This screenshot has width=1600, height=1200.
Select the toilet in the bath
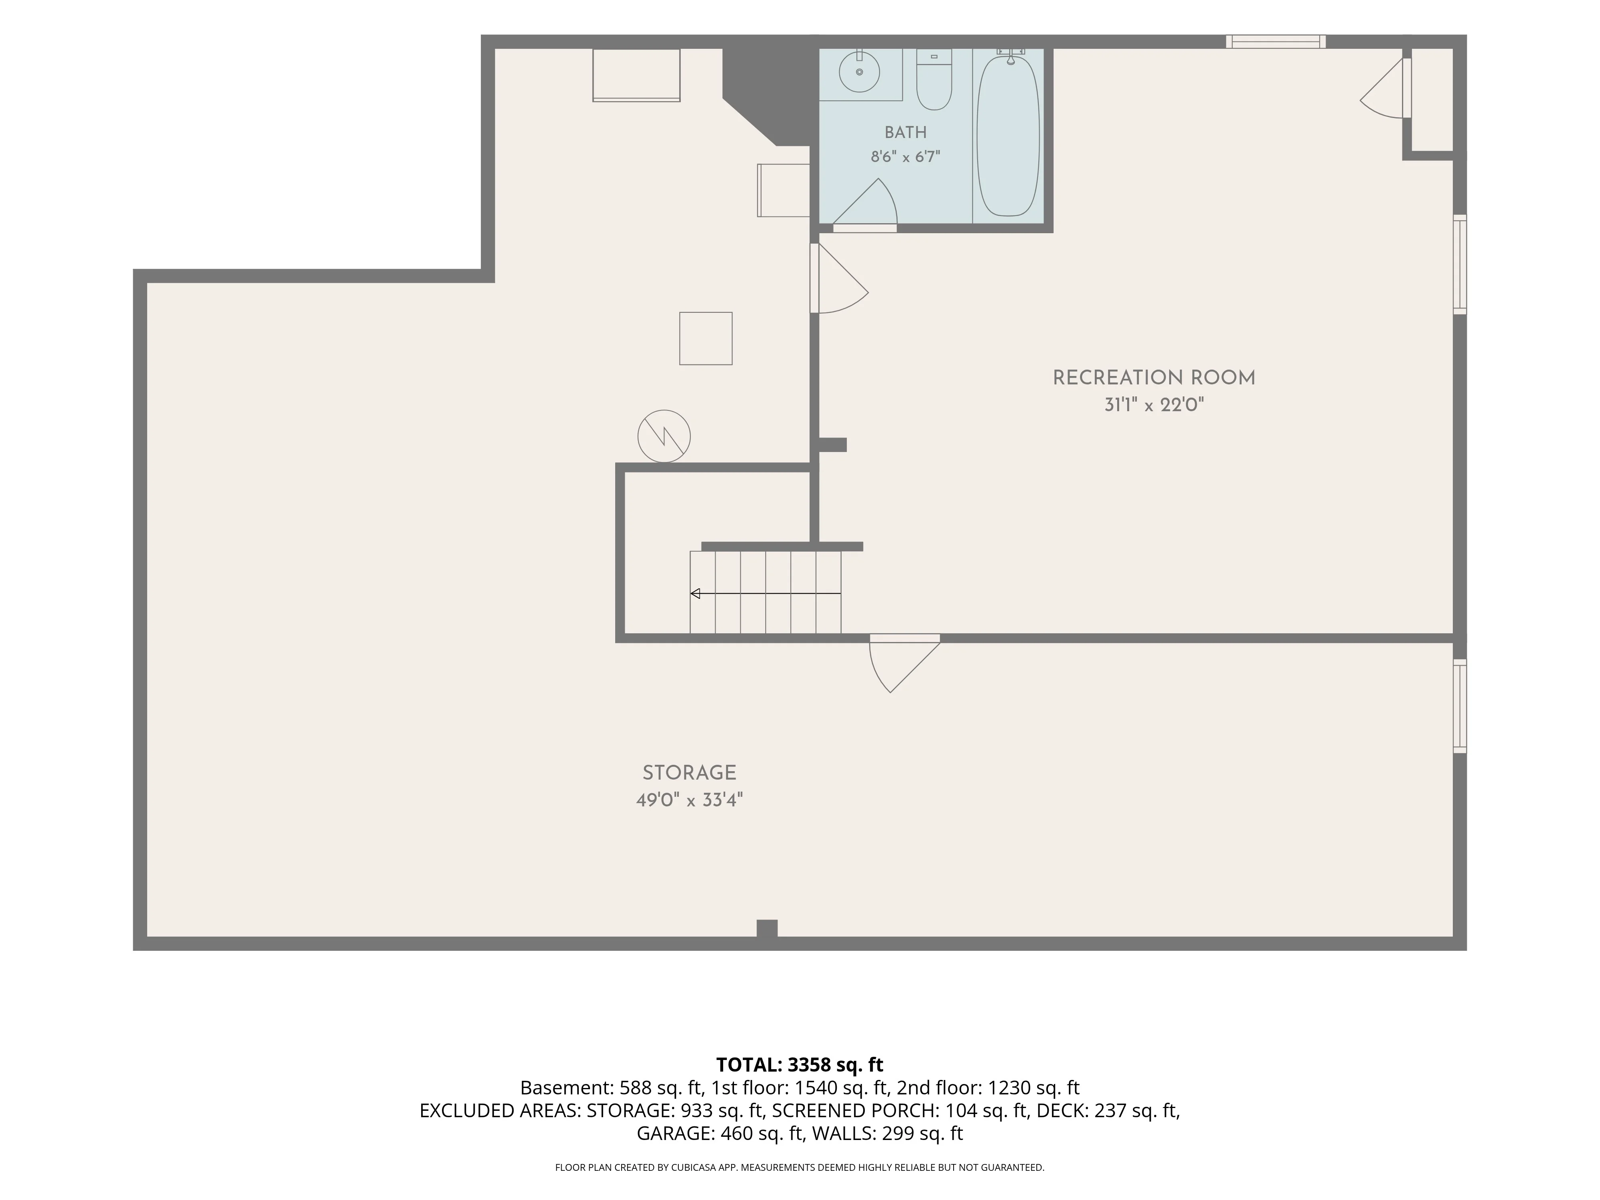934,80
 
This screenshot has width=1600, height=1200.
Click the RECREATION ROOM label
1154,378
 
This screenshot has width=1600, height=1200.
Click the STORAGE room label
689,772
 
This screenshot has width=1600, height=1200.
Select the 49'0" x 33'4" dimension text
689,800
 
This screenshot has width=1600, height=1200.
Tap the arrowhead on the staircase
695,594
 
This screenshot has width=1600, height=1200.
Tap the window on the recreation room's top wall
1276,41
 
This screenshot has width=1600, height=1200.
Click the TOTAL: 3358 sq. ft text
799,1065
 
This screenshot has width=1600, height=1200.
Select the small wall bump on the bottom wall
767,929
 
